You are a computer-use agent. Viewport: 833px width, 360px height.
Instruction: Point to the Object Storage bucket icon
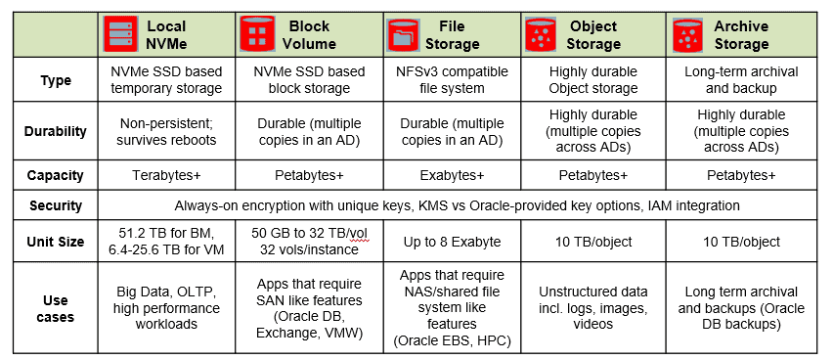[540, 34]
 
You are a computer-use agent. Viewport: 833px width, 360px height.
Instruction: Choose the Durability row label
[56, 131]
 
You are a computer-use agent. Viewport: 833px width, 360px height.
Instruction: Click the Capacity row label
[56, 176]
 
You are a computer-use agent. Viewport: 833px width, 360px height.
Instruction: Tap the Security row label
[56, 206]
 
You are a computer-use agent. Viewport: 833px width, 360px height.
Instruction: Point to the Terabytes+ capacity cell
[165, 176]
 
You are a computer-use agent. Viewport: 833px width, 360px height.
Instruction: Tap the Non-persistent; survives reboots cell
[165, 131]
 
